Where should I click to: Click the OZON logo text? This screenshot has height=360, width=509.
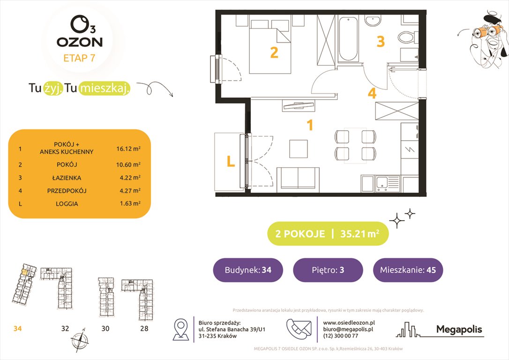(80, 41)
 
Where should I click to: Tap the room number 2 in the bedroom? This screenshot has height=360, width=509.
(274, 52)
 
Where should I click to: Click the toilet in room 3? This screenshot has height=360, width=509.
(406, 36)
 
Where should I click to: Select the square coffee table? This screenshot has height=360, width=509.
(299, 149)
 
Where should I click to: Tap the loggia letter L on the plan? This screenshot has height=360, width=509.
(230, 162)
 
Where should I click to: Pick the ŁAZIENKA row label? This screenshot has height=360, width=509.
(67, 178)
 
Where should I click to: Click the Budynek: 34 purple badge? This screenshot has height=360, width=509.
(248, 270)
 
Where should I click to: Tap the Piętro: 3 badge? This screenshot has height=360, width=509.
(328, 270)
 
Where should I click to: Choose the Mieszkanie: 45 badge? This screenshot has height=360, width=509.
(408, 270)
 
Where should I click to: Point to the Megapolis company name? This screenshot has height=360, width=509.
(459, 330)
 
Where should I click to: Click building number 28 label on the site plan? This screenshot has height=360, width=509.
(144, 329)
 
